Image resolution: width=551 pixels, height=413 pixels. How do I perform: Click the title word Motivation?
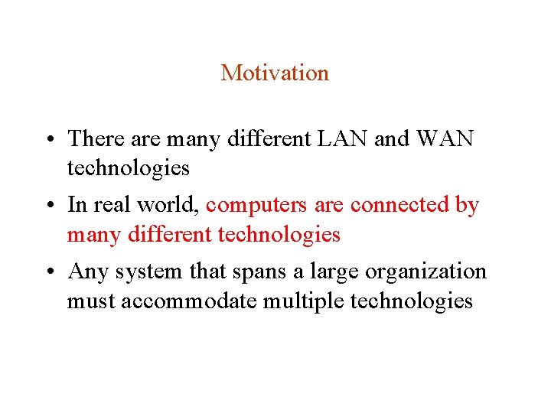tap(275, 73)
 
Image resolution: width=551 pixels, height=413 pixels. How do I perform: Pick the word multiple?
tap(303, 301)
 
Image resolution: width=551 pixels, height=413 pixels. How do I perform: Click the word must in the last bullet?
tap(88, 301)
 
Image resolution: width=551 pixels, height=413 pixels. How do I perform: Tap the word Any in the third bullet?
tap(86, 272)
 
